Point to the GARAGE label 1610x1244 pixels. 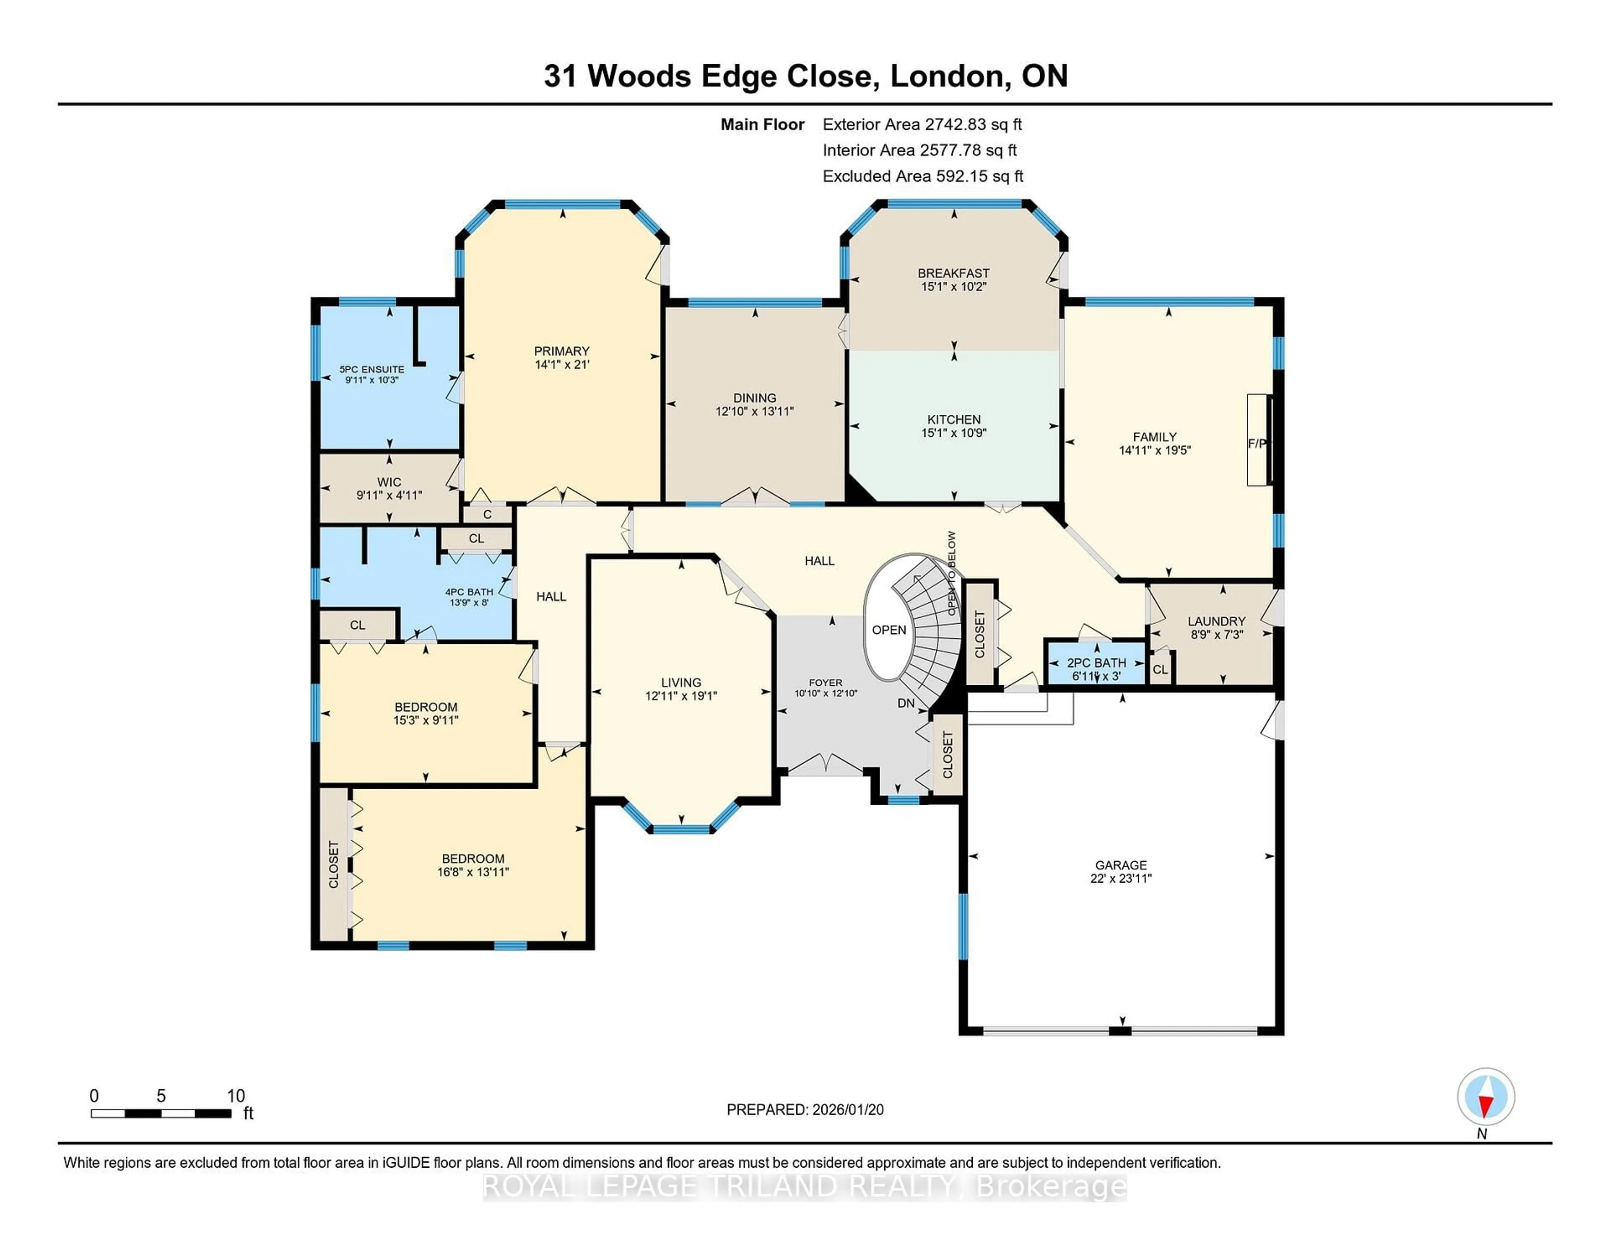click(x=1121, y=864)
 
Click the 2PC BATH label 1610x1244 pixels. click(x=1096, y=663)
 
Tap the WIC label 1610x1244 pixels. click(x=389, y=482)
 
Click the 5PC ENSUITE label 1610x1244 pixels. click(x=371, y=369)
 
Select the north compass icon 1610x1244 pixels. click(x=1485, y=1096)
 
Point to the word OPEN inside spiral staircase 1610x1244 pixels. click(x=888, y=630)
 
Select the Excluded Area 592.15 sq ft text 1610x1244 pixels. click(x=922, y=176)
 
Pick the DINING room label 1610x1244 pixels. click(x=754, y=398)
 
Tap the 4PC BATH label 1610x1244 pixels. click(x=469, y=592)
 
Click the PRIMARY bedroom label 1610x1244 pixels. click(x=562, y=351)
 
